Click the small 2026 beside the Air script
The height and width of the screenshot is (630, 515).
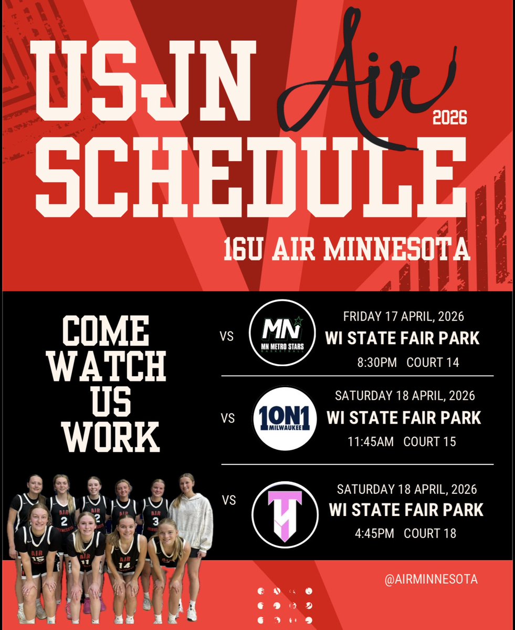pyautogui.click(x=449, y=118)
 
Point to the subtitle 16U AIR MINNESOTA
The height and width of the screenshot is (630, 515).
pyautogui.click(x=346, y=250)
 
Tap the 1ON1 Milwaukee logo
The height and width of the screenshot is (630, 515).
pyautogui.click(x=285, y=418)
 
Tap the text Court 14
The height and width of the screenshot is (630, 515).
pyautogui.click(x=433, y=363)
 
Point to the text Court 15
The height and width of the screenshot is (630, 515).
pyautogui.click(x=429, y=441)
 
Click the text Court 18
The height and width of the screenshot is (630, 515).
pyautogui.click(x=430, y=533)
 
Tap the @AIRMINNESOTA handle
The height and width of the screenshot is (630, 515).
pyautogui.click(x=430, y=579)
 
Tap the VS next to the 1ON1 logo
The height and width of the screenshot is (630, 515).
pyautogui.click(x=227, y=418)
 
